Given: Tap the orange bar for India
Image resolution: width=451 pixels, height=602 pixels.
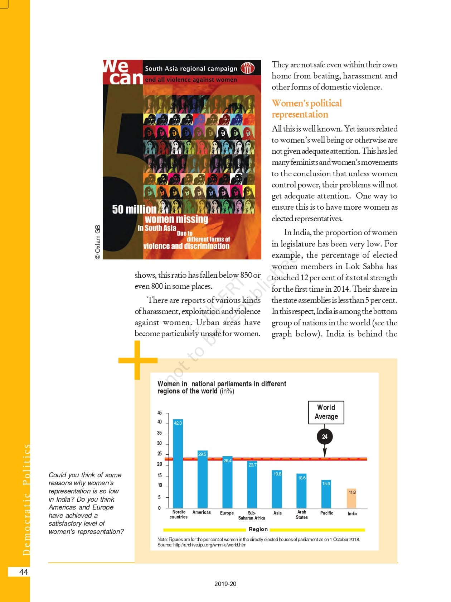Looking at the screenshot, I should [352, 498].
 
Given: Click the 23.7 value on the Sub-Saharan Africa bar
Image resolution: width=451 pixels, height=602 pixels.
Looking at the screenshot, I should [252, 465].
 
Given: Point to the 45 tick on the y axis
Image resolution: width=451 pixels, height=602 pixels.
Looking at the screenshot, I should [159, 413].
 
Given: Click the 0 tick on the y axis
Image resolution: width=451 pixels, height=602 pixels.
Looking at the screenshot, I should [159, 508].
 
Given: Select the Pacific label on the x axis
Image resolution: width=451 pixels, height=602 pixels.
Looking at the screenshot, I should [327, 513].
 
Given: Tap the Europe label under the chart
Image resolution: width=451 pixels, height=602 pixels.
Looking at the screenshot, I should [227, 513].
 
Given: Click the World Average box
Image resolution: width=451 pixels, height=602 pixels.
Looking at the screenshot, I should [326, 412].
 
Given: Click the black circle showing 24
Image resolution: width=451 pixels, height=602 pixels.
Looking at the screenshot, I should [325, 437].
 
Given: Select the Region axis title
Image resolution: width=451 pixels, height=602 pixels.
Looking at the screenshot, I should [258, 529].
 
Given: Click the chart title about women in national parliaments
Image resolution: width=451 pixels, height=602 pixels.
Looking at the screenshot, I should [222, 387].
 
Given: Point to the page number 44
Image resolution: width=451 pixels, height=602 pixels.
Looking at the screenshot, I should [24, 572].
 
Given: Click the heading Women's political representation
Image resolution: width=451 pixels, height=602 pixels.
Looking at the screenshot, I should [306, 109].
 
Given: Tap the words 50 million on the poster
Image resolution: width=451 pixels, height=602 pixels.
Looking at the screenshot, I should [134, 209].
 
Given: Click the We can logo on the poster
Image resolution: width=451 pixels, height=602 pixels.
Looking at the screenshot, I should [122, 72].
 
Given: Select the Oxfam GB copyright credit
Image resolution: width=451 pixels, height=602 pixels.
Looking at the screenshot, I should [98, 242].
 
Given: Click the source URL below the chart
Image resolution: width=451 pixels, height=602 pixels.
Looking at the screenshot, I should [202, 545].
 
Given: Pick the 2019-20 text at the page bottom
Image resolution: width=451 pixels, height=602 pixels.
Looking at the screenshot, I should [225, 584].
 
